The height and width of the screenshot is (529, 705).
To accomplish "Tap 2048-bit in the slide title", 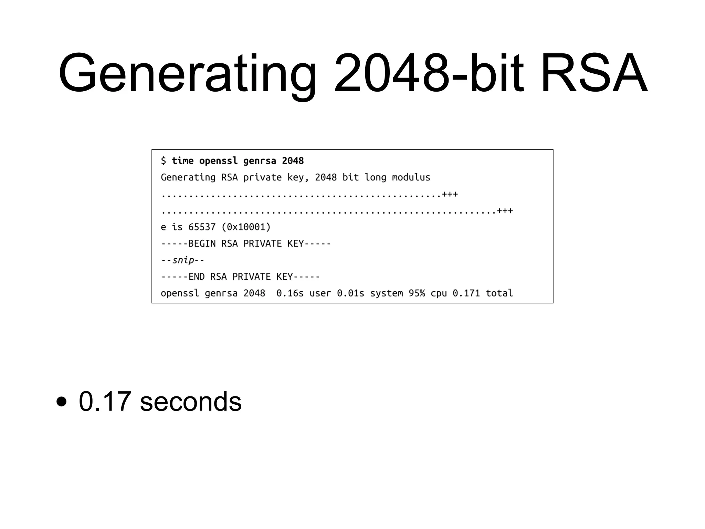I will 429,73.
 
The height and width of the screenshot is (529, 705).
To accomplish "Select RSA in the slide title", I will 594,73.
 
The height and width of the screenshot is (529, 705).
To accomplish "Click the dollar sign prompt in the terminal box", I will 164,161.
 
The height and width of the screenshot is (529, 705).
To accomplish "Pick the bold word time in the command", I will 182,161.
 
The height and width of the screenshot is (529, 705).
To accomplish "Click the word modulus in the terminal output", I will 411,177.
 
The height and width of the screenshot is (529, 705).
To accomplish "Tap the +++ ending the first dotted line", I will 450,194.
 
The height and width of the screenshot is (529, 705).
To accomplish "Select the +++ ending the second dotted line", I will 505,211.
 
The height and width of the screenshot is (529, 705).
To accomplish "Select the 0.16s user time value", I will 290,293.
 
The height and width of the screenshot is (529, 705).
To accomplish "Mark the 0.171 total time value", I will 466,293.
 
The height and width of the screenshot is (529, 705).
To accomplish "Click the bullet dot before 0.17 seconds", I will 61,402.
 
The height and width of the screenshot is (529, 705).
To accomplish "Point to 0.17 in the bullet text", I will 105,402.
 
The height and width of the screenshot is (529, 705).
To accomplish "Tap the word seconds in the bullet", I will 191,402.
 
